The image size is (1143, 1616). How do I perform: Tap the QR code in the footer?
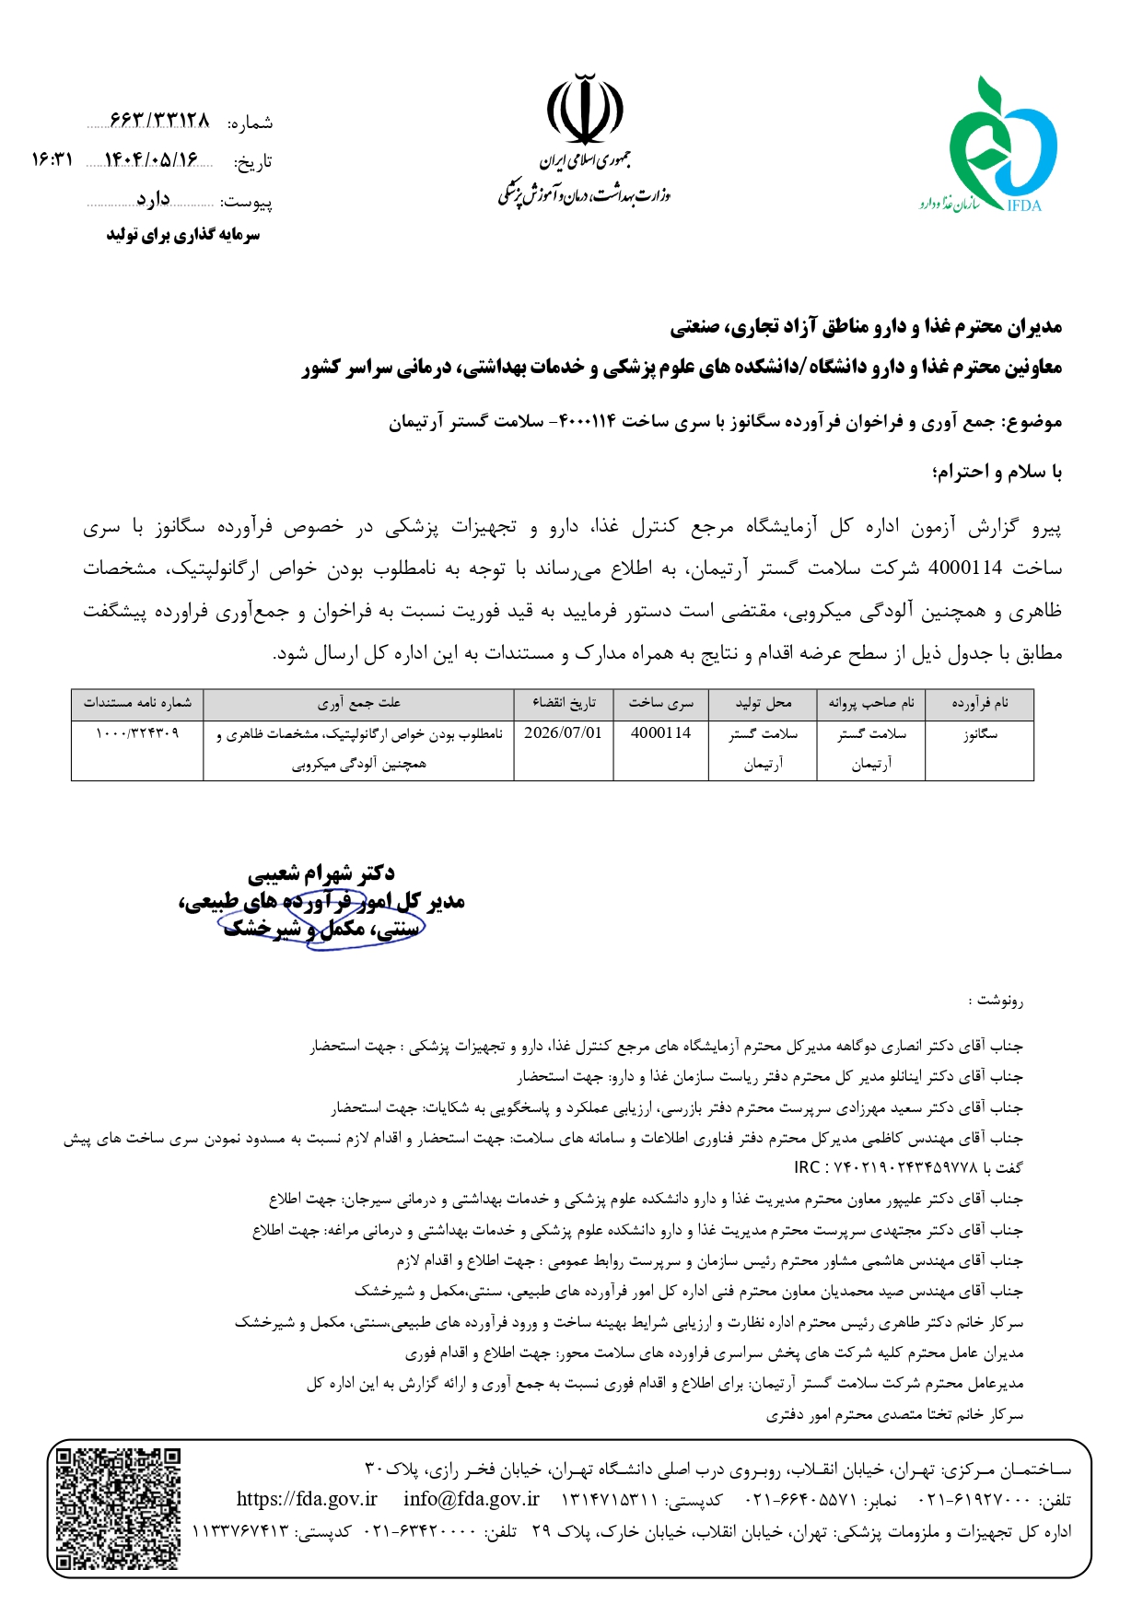117,1507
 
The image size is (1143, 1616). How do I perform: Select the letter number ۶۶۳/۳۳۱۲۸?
159,122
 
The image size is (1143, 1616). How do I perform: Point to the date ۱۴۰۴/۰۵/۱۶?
151,160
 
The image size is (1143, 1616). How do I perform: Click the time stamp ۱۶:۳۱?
52,160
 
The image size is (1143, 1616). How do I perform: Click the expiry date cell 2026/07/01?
563,733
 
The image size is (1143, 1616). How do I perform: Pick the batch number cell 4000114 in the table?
660,733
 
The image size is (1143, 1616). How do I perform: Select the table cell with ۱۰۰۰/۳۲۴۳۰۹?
137,733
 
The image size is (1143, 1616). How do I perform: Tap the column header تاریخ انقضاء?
563,704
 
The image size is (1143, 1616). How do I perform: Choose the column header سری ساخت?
660,704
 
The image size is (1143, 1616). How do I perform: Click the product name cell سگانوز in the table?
979,734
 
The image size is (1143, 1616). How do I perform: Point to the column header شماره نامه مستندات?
137,704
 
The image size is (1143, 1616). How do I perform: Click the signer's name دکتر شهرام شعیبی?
321,873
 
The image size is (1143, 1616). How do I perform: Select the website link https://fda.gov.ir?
307,1499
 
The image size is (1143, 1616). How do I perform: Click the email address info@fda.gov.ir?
471,1499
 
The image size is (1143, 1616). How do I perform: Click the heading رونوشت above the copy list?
998,1001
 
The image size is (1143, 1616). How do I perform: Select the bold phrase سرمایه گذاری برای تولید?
182,235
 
